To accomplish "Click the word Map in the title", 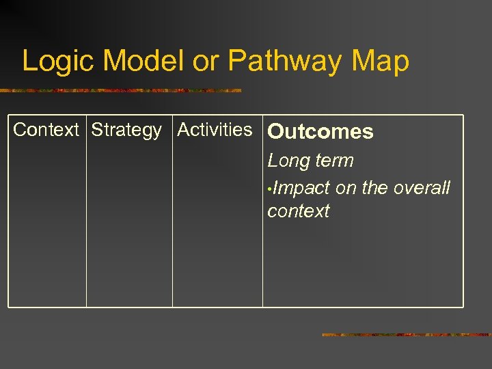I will pos(381,62).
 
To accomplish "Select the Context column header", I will pos(46,130).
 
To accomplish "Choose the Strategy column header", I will pos(126,130).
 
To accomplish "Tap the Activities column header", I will pos(215,129).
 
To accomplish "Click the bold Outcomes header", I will pos(320,132).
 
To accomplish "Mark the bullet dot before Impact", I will pos(271,189).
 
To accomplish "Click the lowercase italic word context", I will pos(298,211).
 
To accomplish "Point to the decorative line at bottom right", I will pos(407,335).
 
